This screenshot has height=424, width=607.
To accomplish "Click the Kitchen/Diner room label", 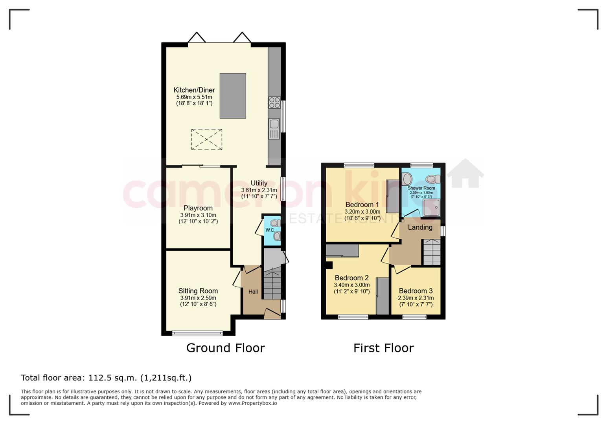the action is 194,90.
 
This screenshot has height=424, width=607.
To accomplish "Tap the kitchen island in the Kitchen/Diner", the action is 233,96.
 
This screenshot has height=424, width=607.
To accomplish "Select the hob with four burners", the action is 274,102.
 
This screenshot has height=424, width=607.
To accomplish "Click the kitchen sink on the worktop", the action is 274,129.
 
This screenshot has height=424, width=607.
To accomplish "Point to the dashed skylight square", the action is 207,139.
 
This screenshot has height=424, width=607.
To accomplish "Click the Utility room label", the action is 259,183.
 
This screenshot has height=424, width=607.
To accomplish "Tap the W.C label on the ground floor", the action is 270,230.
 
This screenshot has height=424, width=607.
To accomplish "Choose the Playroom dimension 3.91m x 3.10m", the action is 198,215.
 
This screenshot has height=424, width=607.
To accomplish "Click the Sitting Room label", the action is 198,291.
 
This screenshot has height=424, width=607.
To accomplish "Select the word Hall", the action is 253,292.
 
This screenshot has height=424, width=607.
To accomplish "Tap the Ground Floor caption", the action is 225,348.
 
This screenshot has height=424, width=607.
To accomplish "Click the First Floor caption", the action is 384,348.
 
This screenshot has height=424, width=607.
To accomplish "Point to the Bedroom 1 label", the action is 362,205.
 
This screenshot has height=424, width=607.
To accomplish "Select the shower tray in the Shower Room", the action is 432,208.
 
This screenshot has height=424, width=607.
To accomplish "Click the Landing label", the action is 420,227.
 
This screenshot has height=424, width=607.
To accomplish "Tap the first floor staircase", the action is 432,252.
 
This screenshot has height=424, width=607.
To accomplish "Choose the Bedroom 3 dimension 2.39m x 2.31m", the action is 416,298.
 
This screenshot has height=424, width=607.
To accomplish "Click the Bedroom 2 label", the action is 352,278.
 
